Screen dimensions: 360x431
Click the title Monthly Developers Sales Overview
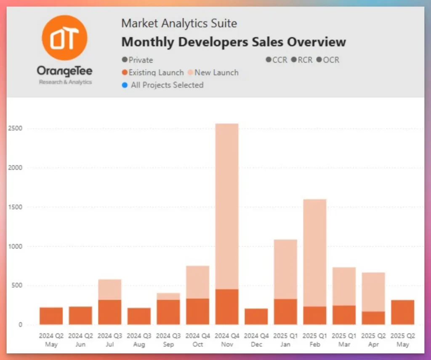234,42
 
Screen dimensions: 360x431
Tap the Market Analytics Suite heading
179,23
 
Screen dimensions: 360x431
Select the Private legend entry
137,60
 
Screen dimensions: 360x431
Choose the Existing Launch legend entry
153,72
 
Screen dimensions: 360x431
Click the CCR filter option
277,60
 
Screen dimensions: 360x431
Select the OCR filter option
328,60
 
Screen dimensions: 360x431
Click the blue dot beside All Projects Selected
124,85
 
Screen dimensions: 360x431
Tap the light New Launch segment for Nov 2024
227,206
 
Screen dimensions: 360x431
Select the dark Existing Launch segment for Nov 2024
227,307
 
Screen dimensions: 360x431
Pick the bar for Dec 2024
256,317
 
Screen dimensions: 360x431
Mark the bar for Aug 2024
139,316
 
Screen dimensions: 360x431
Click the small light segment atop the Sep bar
168,296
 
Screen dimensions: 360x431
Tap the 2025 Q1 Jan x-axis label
285,340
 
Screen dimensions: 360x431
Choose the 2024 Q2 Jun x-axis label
80,340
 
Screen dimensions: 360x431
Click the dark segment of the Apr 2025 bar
373,318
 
